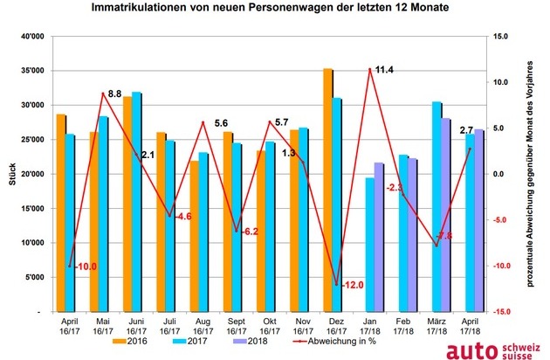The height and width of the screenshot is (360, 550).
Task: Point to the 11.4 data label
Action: (x=384, y=70)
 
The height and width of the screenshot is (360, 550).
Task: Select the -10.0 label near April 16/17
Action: (x=86, y=266)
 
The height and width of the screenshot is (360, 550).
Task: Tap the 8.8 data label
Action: (x=114, y=93)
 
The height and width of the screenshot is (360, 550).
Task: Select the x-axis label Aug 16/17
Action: (x=203, y=326)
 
